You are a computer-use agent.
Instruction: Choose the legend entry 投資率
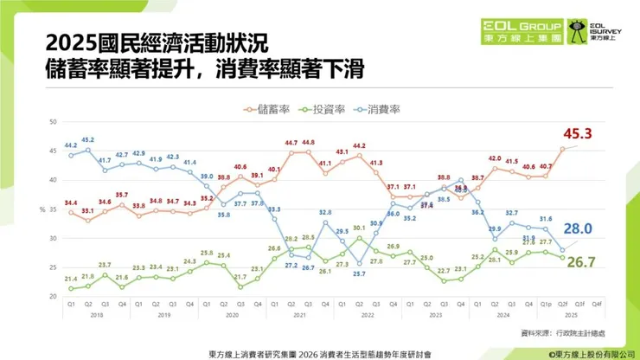tap(321, 109)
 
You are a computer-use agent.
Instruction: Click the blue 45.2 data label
tap(87, 139)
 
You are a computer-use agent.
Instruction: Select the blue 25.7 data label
tap(359, 274)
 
